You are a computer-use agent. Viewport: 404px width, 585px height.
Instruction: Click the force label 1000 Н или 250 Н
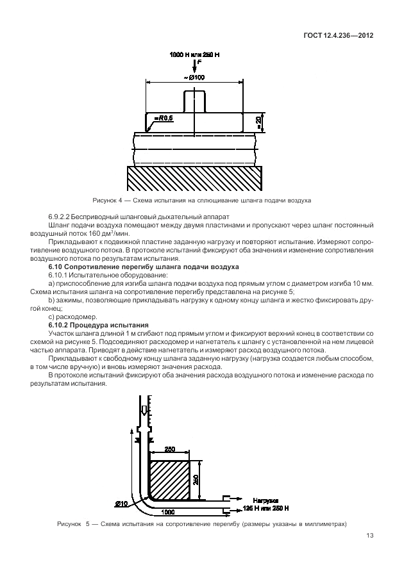pos(194,56)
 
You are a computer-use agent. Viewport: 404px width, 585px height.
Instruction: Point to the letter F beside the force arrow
pos(199,64)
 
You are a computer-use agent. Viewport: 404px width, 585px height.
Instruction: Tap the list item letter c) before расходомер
pos(51,317)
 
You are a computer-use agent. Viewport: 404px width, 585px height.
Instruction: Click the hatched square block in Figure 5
pos(169,480)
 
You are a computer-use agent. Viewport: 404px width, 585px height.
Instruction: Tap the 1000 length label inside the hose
pos(169,511)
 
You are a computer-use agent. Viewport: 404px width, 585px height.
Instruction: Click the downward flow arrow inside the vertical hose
pos(145,411)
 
